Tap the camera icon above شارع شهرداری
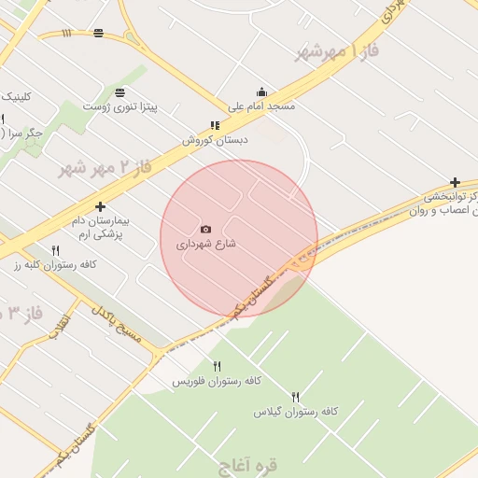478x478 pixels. (x=206, y=230)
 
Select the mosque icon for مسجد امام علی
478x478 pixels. (x=261, y=91)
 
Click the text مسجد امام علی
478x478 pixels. (x=262, y=106)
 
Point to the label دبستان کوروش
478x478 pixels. (x=215, y=140)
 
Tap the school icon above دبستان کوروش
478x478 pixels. (x=215, y=125)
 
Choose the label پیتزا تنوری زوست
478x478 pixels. (x=120, y=106)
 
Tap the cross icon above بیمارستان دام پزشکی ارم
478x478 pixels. (x=100, y=206)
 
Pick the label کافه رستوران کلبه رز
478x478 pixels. (x=55, y=265)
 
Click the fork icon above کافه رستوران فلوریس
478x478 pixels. (x=218, y=365)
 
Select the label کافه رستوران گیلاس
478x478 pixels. (x=296, y=411)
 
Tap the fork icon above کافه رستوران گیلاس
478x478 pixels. (x=296, y=397)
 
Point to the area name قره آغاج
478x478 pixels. (x=247, y=463)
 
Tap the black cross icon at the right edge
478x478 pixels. (x=455, y=183)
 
